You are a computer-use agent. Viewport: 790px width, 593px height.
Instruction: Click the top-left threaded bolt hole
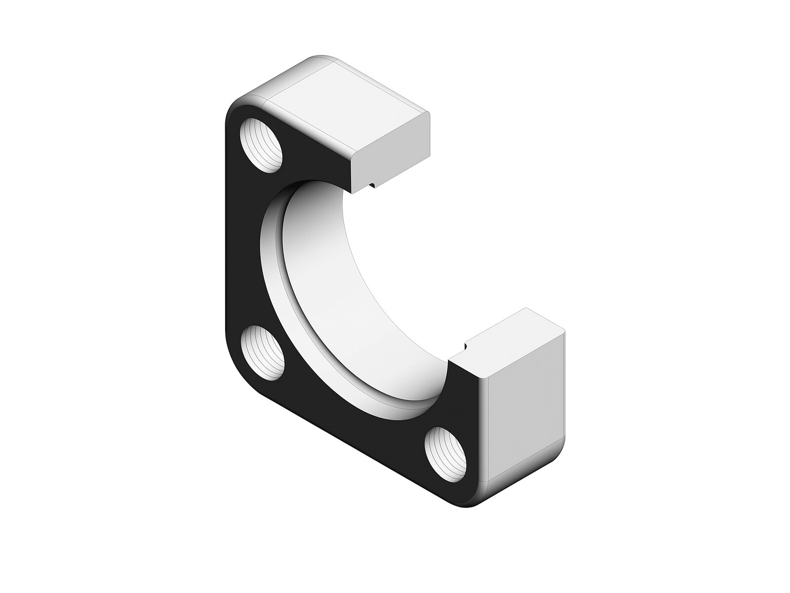pos(263,146)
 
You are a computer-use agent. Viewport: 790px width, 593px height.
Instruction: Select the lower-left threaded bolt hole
pos(263,352)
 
